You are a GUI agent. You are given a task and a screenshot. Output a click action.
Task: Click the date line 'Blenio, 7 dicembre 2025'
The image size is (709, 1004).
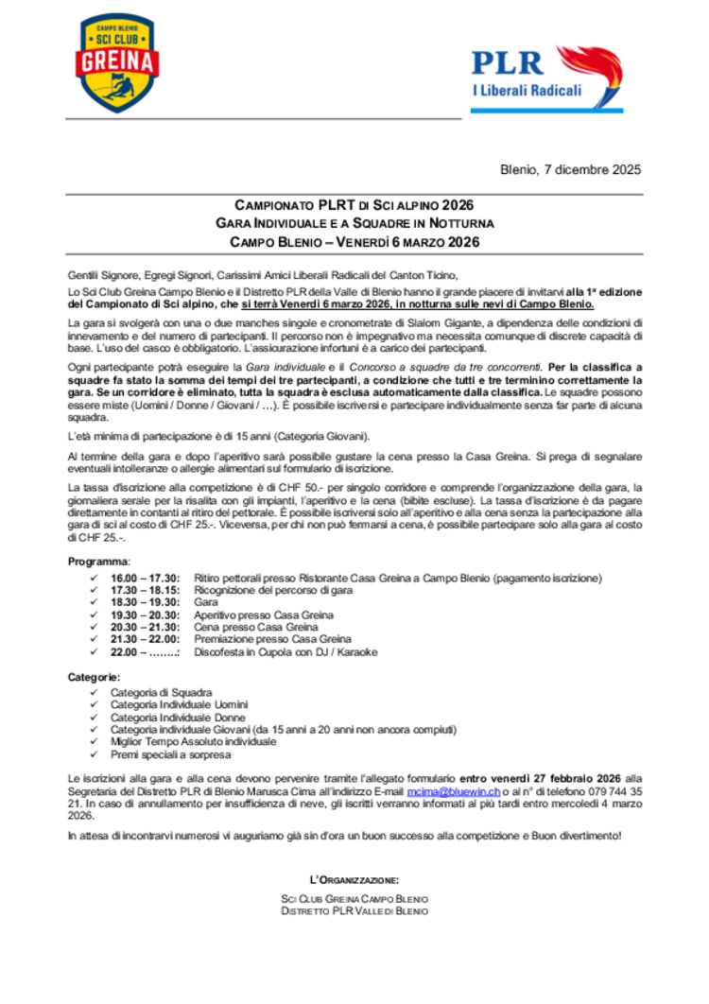coord(570,170)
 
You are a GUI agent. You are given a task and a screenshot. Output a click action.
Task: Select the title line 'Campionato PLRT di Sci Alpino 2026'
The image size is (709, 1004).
coord(354,205)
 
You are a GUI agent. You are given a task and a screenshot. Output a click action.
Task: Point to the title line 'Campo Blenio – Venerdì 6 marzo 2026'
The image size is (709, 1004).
coord(354,242)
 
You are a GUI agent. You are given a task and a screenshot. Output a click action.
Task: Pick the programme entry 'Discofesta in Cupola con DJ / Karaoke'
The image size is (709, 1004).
coord(285,652)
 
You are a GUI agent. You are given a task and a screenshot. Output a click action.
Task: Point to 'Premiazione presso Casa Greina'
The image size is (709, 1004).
coord(272,640)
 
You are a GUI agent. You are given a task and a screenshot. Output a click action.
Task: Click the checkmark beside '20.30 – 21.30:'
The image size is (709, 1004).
coord(92,628)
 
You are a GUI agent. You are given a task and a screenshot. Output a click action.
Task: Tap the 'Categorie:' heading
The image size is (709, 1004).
coord(94,678)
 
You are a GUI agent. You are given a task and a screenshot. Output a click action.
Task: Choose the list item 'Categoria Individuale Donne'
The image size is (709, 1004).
coord(178,718)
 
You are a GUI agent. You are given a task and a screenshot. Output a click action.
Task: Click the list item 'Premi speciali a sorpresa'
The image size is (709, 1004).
coord(170,755)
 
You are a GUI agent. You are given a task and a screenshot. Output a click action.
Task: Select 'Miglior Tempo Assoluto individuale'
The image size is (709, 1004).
coord(194,742)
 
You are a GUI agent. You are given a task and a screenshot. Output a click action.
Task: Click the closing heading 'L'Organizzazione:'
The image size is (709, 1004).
coord(354,880)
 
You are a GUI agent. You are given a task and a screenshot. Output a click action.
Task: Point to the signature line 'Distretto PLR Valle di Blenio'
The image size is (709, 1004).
coord(354,911)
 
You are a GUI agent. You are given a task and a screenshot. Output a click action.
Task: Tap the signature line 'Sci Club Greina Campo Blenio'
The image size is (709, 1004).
coord(354,898)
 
